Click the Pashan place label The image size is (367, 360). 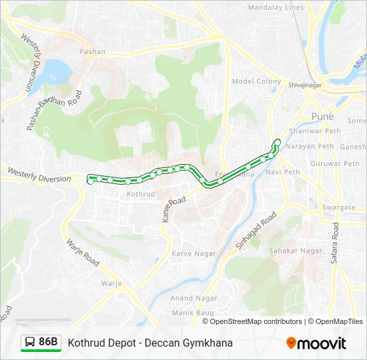coord(93,51)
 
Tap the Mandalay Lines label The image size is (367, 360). coord(276,8)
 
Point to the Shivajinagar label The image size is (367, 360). coord(305,85)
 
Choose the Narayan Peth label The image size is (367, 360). coord(310,146)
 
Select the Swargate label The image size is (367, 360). coord(339,207)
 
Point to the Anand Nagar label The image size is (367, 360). coord(194,298)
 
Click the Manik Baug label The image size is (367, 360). coord(192,312)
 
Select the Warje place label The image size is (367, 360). coord(111,283)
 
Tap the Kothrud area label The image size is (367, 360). coord(141,195)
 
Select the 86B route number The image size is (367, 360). coord(49,343)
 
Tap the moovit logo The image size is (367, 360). coord(316,343)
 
